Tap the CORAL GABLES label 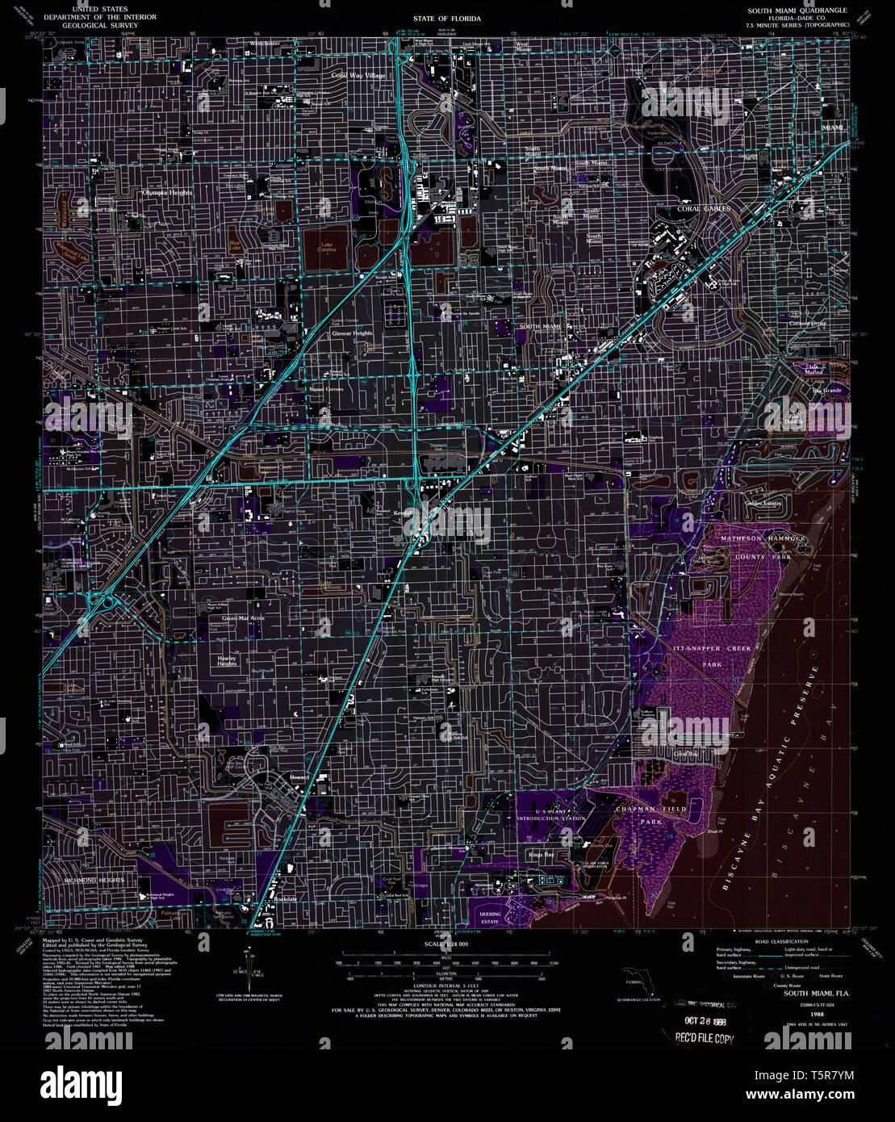point(704,208)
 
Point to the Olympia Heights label point(168,193)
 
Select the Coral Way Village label point(358,75)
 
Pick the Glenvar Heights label point(352,333)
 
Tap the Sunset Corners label point(326,389)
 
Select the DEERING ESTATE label point(490,918)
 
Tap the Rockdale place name point(285,898)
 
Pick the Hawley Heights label point(227,661)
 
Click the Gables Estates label point(763,503)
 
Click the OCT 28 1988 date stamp point(699,1020)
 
